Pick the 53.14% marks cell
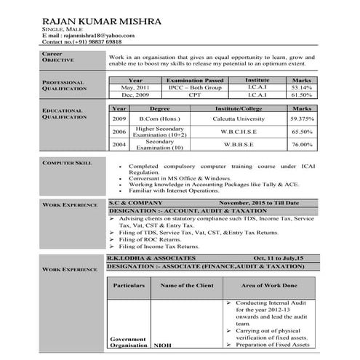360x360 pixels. pyautogui.click(x=301, y=87)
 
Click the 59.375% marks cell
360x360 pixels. pyautogui.click(x=301, y=118)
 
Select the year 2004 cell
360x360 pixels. pyautogui.click(x=119, y=145)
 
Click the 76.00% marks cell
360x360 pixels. pyautogui.click(x=301, y=145)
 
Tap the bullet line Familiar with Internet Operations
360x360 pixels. pyautogui.click(x=177, y=190)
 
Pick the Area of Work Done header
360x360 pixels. pyautogui.click(x=268, y=286)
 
